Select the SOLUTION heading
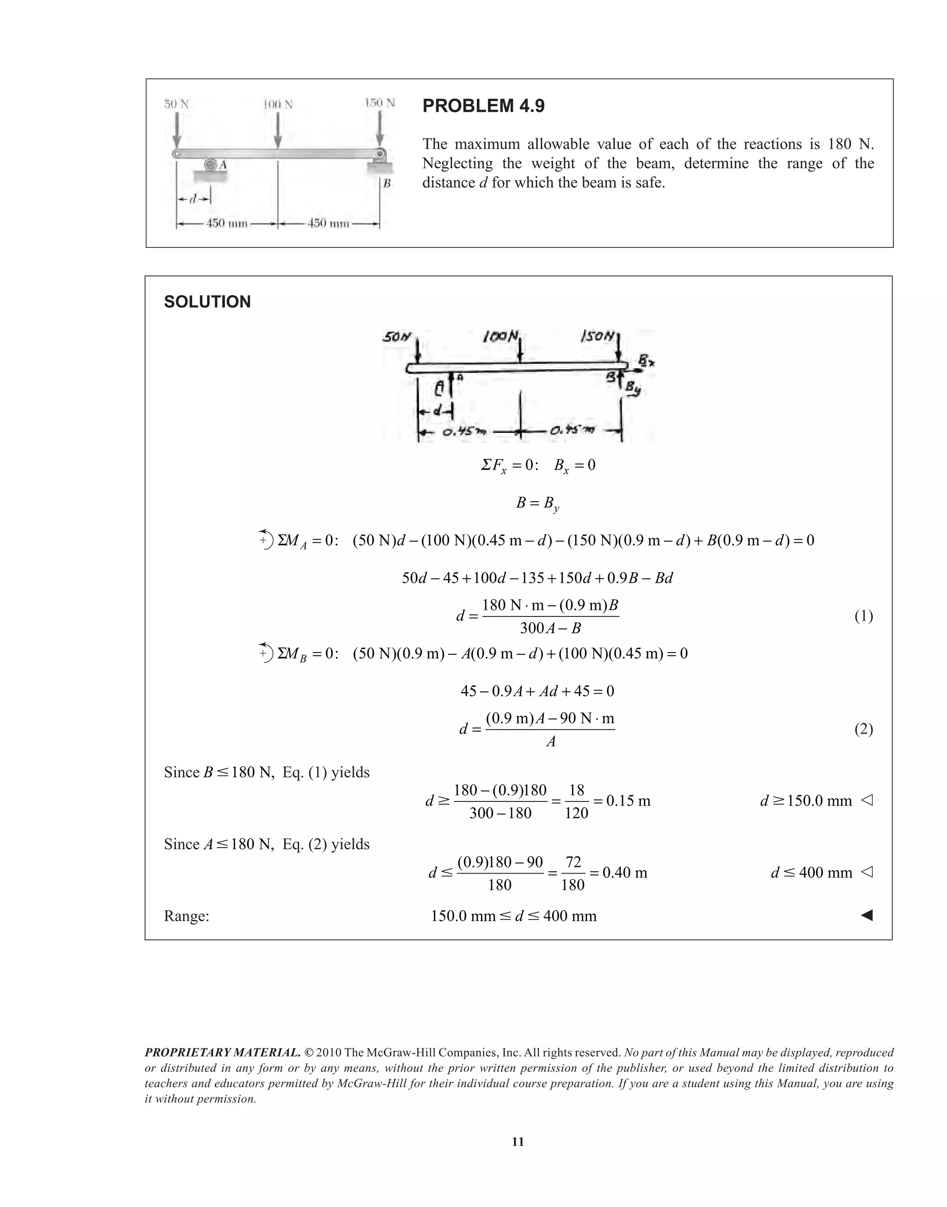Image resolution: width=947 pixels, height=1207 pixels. click(207, 302)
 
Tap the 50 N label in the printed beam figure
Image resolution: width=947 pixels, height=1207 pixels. click(176, 104)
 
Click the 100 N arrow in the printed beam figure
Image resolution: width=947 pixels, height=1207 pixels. click(278, 131)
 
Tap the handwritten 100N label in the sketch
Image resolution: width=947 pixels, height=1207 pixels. click(501, 336)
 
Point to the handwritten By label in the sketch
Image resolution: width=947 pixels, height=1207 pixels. click(633, 389)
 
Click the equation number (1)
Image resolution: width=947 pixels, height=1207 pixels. click(863, 616)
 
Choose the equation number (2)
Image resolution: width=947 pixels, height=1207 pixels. click(863, 729)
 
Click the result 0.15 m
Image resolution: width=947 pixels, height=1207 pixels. click(628, 801)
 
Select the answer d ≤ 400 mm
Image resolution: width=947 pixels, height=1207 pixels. click(812, 873)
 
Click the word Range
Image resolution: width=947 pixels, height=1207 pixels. click(186, 916)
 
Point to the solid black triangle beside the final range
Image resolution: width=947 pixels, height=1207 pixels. click(867, 915)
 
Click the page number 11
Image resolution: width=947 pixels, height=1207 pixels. click(518, 1142)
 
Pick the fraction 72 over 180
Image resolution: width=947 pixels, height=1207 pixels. click(573, 873)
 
